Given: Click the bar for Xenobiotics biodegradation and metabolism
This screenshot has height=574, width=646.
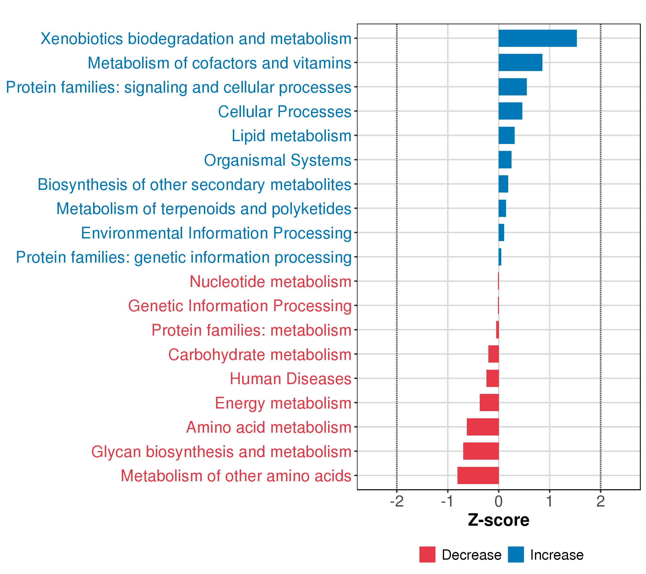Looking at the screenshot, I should coord(537,38).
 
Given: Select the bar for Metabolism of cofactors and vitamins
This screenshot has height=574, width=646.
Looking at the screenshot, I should coord(520,63).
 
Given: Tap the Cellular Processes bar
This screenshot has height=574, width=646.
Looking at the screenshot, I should coord(510,111).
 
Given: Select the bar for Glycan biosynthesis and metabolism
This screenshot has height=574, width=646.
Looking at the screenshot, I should coord(481,451).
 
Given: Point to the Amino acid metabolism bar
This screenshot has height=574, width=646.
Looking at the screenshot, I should coord(483,427).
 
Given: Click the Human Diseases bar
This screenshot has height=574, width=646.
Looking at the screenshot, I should coord(492,378).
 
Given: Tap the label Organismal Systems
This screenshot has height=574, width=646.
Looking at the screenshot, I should coord(278,160).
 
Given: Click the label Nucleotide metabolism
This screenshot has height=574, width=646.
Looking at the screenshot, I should coord(270,281).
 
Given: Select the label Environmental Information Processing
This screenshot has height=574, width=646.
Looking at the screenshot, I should coord(216,233).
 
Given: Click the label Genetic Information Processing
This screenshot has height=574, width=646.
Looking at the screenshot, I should coord(239,306).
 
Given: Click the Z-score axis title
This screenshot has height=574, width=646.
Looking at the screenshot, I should coord(498,520).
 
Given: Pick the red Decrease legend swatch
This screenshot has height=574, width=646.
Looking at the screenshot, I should coord(427,554).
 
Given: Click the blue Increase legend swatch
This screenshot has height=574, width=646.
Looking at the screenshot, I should coord(516,554).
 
